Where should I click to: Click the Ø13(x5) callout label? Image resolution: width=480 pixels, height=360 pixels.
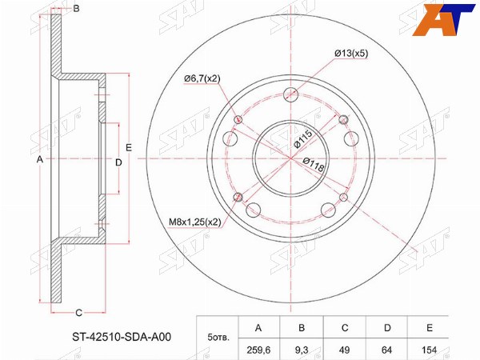coord(351,54)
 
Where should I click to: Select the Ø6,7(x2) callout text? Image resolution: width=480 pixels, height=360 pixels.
coord(202,78)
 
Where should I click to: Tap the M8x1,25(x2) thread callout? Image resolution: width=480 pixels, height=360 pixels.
coord(195,222)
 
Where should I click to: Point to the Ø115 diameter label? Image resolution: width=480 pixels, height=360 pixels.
coord(302,138)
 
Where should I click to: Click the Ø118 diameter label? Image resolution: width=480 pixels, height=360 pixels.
coord(314,164)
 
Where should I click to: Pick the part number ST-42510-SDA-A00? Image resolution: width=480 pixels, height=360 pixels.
coord(122,337)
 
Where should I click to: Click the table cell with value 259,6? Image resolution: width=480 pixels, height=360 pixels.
coord(258,350)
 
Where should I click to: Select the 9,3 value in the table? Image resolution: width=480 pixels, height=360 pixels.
coord(302,350)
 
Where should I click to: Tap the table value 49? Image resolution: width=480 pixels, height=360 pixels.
coord(345,350)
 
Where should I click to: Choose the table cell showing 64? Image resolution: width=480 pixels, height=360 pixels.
coord(387,350)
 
